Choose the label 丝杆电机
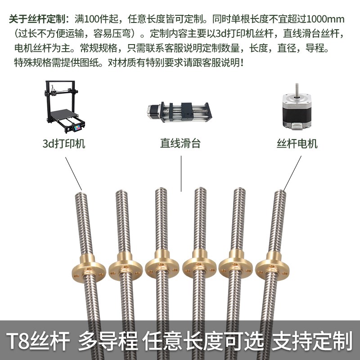click(x=297, y=144)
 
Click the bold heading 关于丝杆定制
click(x=36, y=20)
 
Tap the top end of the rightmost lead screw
click(x=279, y=194)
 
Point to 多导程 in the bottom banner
click(x=108, y=341)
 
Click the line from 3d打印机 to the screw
click(x=73, y=173)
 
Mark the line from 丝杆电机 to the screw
click(x=292, y=173)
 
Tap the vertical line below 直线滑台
click(x=181, y=173)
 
